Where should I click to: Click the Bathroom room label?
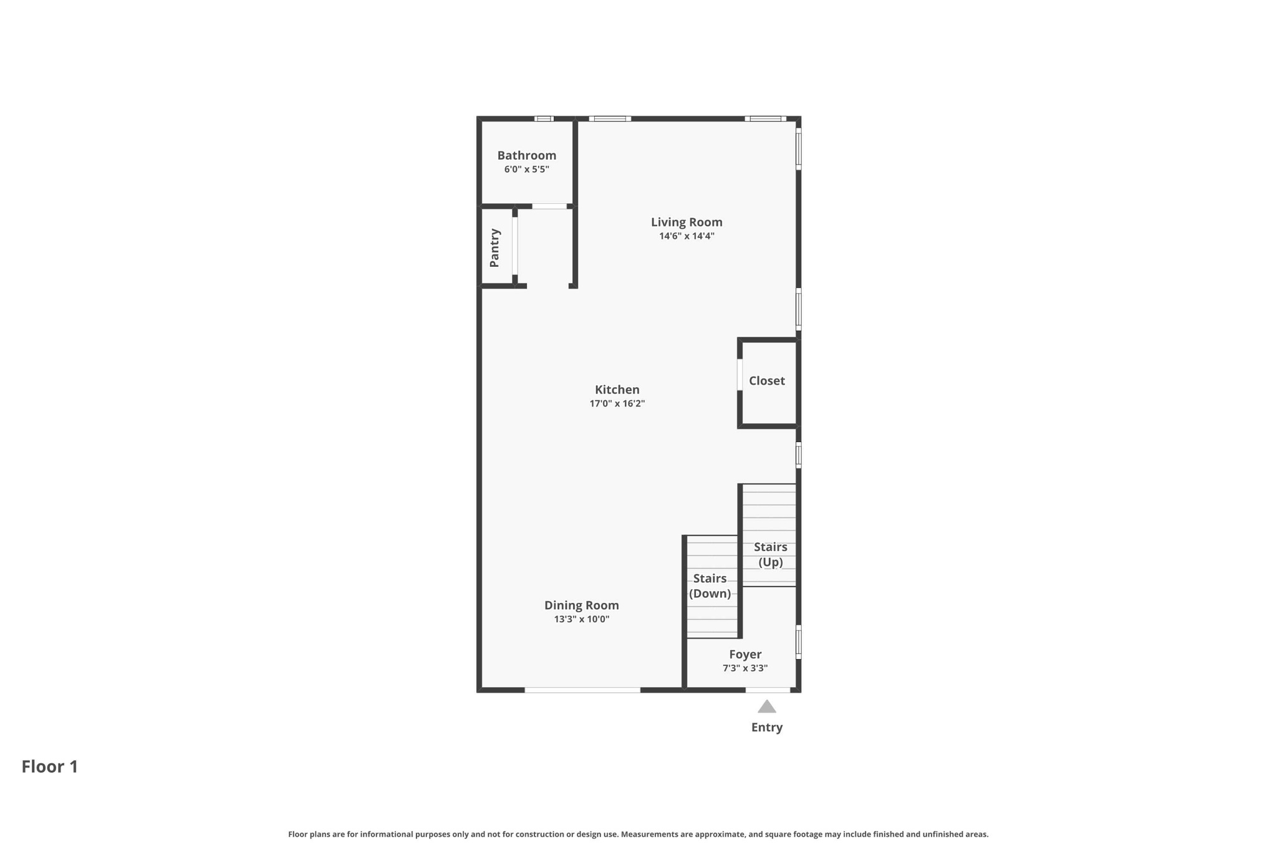pyautogui.click(x=526, y=155)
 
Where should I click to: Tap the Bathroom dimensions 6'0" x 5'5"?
pyautogui.click(x=526, y=170)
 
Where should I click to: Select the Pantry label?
pyautogui.click(x=494, y=248)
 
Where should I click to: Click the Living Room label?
pyautogui.click(x=687, y=222)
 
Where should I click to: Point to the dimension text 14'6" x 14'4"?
pyautogui.click(x=687, y=236)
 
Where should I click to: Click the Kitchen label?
pyautogui.click(x=617, y=390)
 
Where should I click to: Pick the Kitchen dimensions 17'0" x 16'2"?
pyautogui.click(x=617, y=404)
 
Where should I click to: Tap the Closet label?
pyautogui.click(x=766, y=381)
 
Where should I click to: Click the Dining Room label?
pyautogui.click(x=581, y=605)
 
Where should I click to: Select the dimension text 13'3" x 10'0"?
pyautogui.click(x=581, y=620)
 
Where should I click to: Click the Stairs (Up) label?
pyautogui.click(x=770, y=554)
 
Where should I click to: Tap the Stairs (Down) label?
pyautogui.click(x=710, y=586)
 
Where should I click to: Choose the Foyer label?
pyautogui.click(x=745, y=655)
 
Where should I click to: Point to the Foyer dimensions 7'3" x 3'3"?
pyautogui.click(x=745, y=668)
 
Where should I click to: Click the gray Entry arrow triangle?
pyautogui.click(x=766, y=707)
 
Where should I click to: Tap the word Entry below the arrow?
pyautogui.click(x=766, y=728)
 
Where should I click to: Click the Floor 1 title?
pyautogui.click(x=50, y=767)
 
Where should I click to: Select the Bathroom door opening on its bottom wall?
pyautogui.click(x=549, y=206)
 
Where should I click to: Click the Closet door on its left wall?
pyautogui.click(x=740, y=375)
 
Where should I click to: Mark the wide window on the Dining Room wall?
pyautogui.click(x=582, y=690)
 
